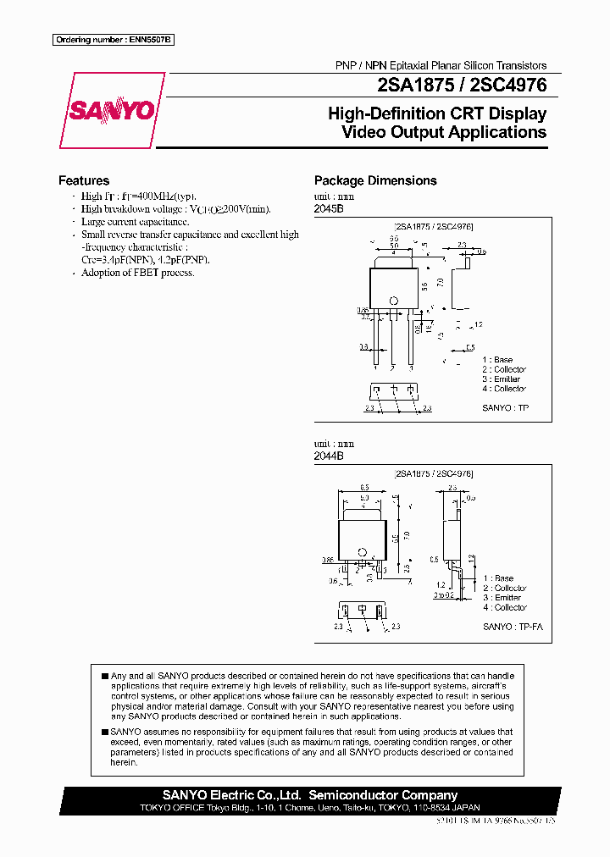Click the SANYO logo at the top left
112,110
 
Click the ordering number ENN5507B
113,40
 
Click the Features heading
83,180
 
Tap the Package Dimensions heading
375,180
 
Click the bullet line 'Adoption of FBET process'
137,273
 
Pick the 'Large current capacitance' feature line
135,222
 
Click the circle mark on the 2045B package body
393,301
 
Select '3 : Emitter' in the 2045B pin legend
502,379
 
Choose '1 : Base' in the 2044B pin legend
498,578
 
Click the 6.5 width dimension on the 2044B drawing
363,488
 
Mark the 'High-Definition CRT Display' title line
436,113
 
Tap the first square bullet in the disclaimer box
105,676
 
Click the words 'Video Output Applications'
443,133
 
